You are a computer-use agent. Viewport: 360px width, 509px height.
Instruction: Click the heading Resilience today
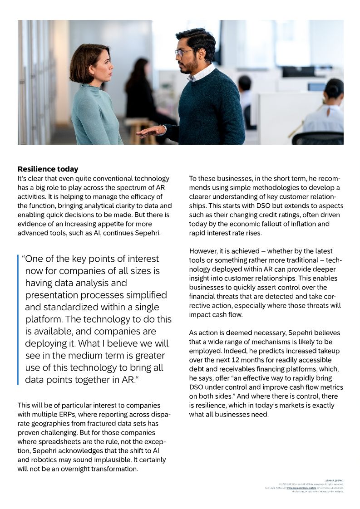click(48, 169)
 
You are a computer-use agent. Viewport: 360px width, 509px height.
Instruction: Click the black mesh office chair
click(317, 138)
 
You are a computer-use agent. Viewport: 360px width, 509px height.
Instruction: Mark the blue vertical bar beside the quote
click(19, 319)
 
